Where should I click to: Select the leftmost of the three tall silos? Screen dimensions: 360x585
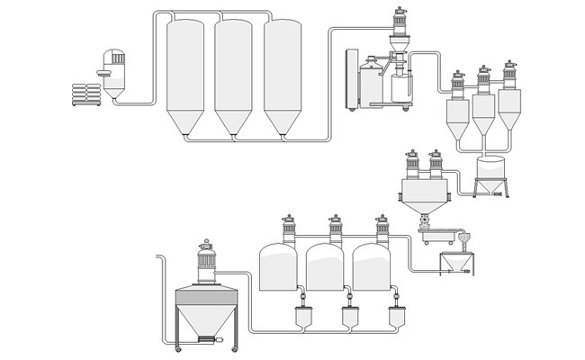click(185, 76)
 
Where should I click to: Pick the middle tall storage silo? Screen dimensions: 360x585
click(233, 76)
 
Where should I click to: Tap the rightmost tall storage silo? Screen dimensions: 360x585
click(282, 76)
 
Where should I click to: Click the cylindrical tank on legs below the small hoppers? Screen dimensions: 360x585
click(491, 171)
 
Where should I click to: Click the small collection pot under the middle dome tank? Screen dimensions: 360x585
click(346, 318)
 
